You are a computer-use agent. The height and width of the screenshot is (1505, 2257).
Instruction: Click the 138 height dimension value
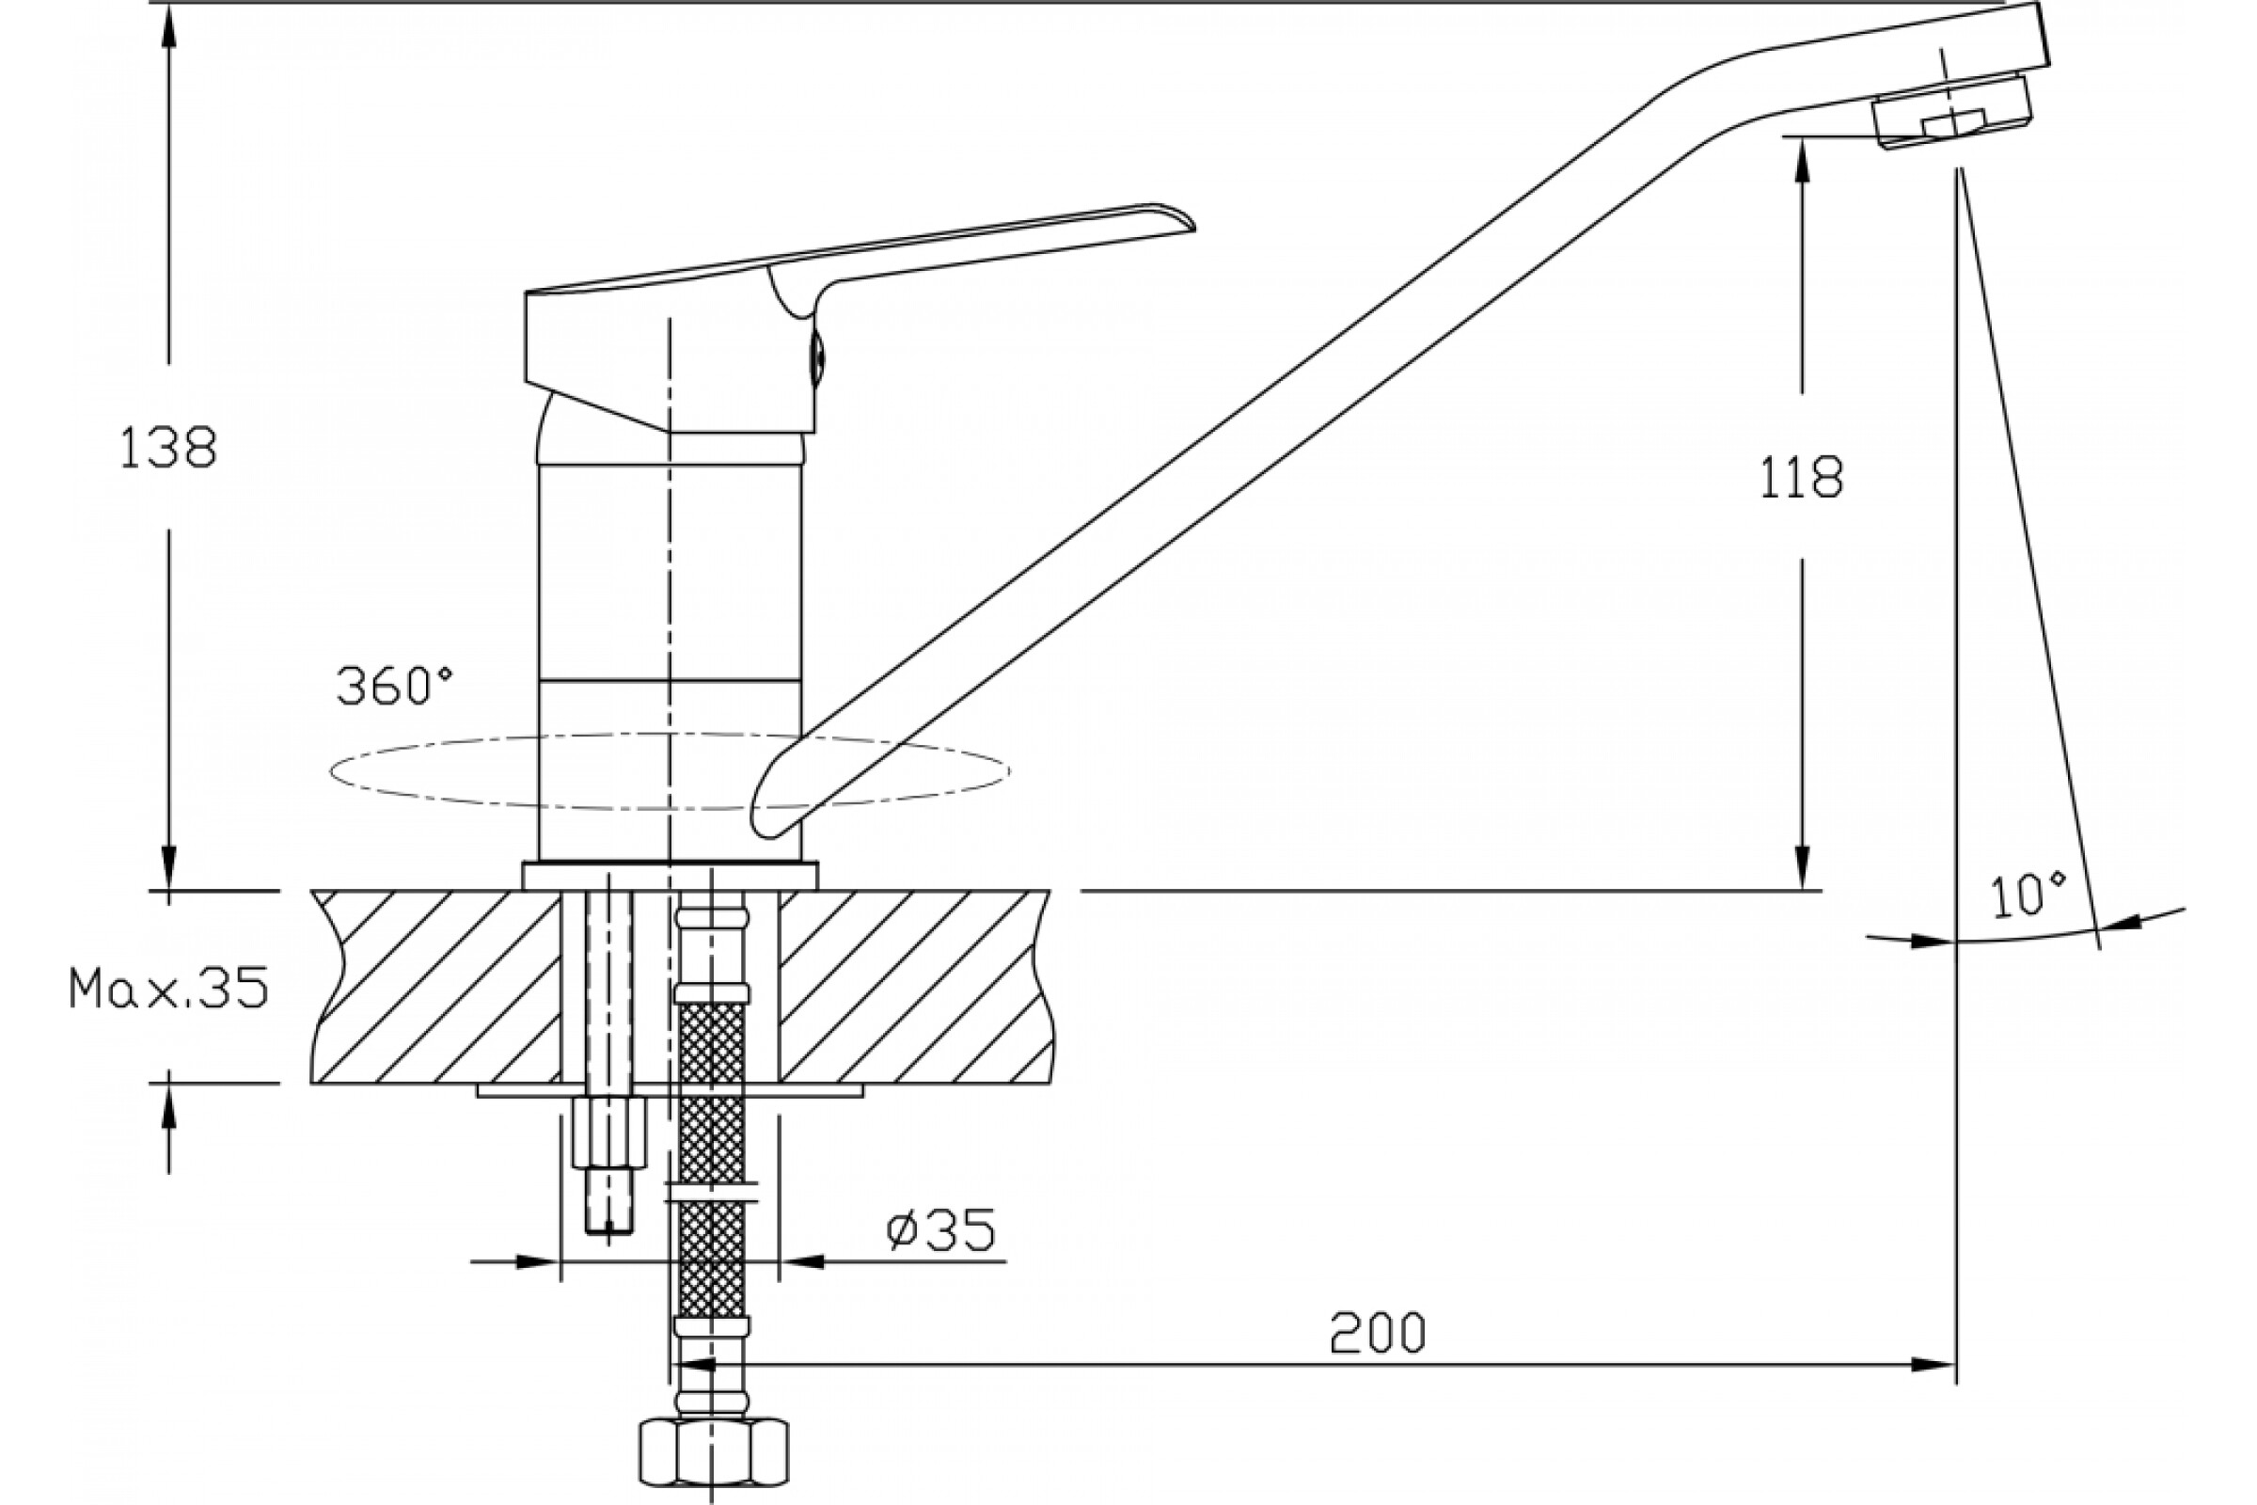point(168,449)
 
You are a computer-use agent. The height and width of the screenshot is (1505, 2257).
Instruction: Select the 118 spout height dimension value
point(1800,477)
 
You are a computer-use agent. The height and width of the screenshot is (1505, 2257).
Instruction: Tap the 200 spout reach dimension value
point(1377,1333)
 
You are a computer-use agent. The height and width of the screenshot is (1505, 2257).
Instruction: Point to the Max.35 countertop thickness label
point(168,988)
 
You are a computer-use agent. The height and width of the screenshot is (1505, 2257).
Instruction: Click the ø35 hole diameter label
point(940,1230)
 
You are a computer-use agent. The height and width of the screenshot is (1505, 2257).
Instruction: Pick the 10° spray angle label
point(2028,895)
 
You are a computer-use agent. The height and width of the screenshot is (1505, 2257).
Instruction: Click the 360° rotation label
point(394,686)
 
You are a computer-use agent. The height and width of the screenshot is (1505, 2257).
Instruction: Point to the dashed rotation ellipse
point(669,737)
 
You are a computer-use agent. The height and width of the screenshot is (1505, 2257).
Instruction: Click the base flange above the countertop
point(670,877)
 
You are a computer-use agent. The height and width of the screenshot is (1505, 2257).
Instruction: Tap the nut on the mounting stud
point(609,1133)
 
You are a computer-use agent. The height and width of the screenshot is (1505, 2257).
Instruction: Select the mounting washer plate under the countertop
point(670,1090)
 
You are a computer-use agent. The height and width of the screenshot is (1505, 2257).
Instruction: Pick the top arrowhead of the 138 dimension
point(169,29)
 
